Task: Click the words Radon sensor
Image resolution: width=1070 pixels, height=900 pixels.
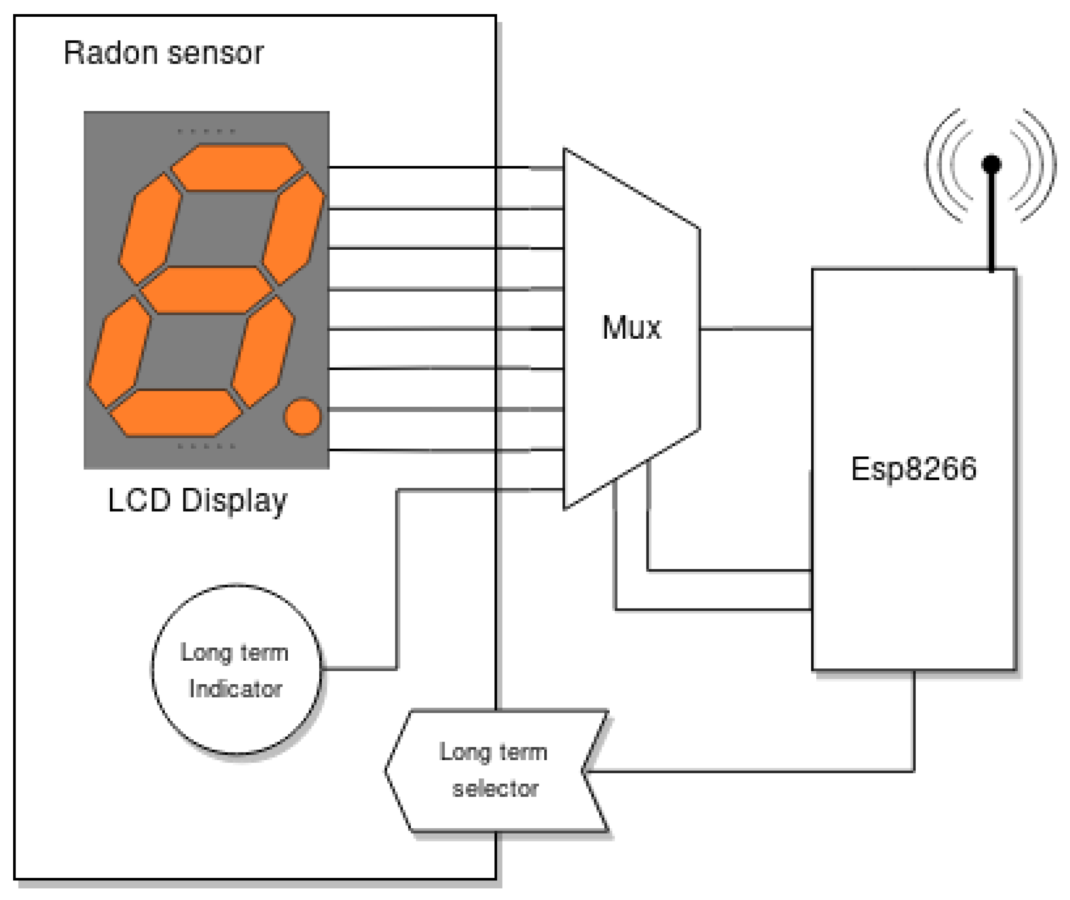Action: point(163,53)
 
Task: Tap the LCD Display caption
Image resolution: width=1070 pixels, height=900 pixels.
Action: point(197,500)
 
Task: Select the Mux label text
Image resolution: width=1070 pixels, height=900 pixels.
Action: point(631,327)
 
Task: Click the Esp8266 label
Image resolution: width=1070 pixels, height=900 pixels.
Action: point(913,468)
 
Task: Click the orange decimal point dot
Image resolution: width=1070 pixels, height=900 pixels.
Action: point(302,417)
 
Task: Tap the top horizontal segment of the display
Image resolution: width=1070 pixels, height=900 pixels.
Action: point(237,168)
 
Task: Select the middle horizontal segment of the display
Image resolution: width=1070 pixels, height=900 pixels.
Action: point(207,290)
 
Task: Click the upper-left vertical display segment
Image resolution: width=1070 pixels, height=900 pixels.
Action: point(150,228)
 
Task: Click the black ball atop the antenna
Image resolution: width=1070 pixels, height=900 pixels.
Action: point(991,164)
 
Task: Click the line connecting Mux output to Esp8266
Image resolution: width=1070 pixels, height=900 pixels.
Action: point(755,329)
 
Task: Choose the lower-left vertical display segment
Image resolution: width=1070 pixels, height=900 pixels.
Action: point(120,352)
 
